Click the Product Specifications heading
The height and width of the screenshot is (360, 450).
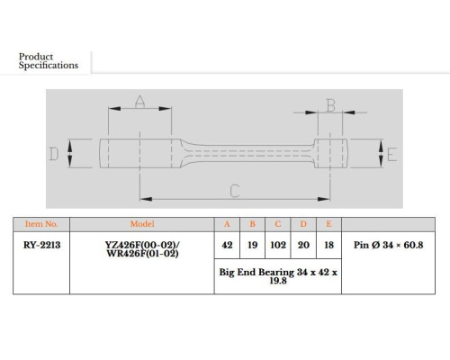pyautogui.click(x=49, y=61)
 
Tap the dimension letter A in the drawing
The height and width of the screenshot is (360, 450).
pyautogui.click(x=139, y=102)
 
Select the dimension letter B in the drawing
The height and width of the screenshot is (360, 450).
pyautogui.click(x=330, y=105)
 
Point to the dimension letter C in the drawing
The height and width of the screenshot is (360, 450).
pyautogui.click(x=235, y=191)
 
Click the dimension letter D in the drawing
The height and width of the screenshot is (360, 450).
pyautogui.click(x=54, y=154)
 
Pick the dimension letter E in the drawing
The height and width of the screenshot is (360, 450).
pyautogui.click(x=391, y=155)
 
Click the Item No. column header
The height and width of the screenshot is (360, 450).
pyautogui.click(x=41, y=224)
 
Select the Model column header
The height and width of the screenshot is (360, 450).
pyautogui.click(x=142, y=224)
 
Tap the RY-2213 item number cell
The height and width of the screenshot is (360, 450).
pyautogui.click(x=41, y=245)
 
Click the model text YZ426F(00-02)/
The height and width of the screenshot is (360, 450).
pyautogui.click(x=142, y=245)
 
